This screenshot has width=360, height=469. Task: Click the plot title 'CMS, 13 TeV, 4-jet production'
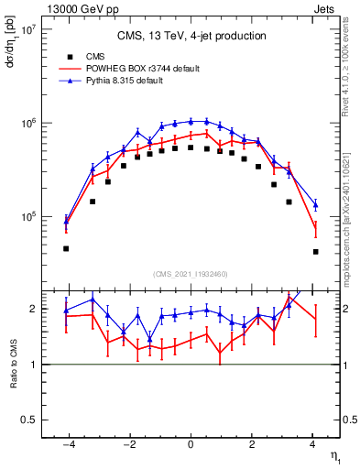point(191,36)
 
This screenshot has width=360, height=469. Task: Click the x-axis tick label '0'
point(191,444)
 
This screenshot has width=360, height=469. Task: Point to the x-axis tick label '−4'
point(67,444)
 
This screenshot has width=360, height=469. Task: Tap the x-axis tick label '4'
point(313,444)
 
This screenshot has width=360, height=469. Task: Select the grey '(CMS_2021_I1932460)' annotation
point(190,274)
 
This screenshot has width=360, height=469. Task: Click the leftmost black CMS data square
point(66,248)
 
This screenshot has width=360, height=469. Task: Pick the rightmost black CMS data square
point(315,252)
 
